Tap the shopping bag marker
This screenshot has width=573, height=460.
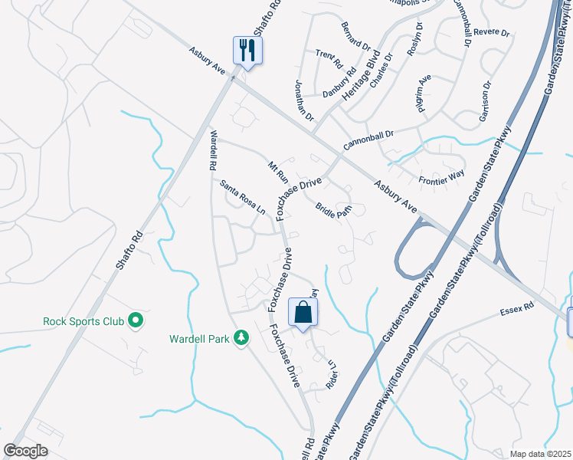point(303,312)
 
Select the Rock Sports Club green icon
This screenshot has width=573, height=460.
point(136,320)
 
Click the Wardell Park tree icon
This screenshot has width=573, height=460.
point(241,338)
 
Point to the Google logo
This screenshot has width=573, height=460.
point(25,451)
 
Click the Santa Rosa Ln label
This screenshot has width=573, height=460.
point(242,197)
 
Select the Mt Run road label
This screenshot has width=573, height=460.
point(277,170)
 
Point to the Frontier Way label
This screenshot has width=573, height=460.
point(442,178)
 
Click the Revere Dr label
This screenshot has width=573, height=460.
point(492,33)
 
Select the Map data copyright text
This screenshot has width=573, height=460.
point(541,454)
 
